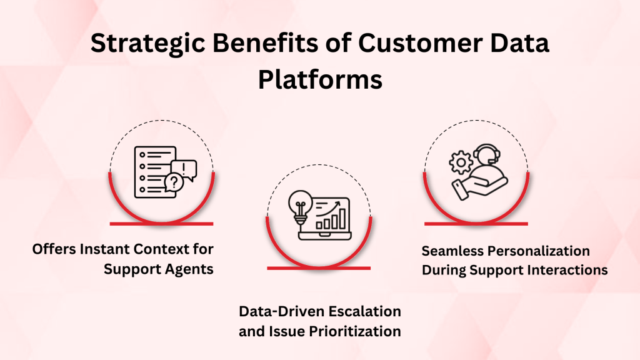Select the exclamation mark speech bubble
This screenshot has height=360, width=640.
click(186, 167)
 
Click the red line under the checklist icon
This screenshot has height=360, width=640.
click(162, 223)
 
